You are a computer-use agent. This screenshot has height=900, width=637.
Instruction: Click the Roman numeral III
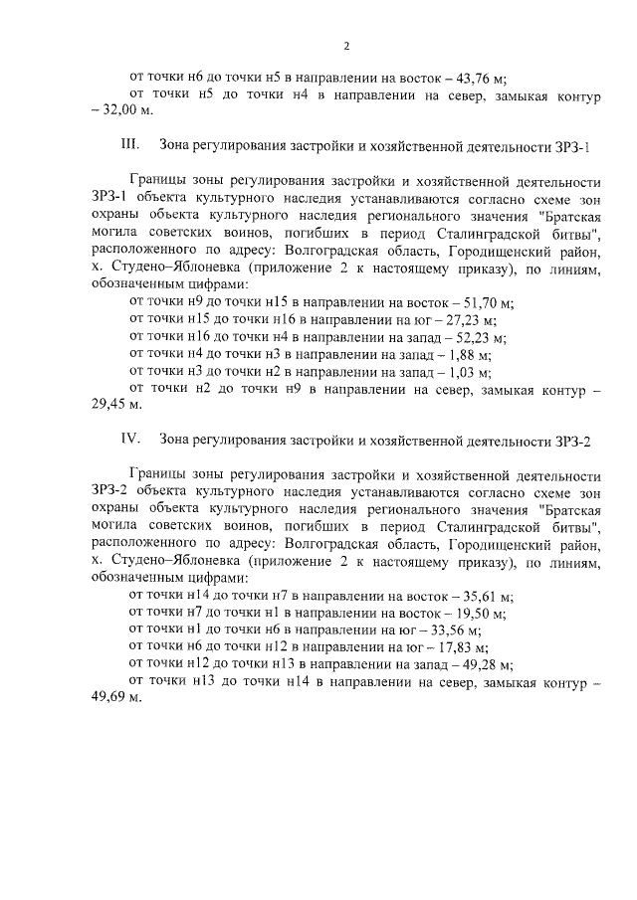(128, 146)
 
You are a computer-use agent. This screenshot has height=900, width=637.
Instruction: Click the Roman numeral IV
(128, 439)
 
